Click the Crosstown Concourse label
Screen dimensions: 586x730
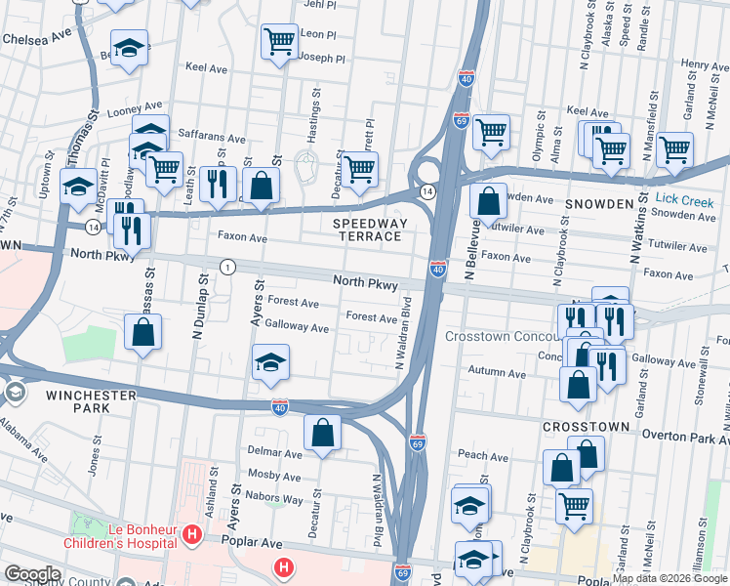(502, 336)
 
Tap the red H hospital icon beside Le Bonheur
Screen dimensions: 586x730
(192, 535)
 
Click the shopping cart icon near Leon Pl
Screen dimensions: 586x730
(279, 42)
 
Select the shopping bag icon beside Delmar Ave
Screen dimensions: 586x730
(322, 433)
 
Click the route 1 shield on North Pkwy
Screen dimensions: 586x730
(227, 267)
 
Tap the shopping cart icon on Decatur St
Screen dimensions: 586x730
(360, 169)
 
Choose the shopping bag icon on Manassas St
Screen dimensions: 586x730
(143, 332)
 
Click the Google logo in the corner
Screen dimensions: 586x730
(31, 574)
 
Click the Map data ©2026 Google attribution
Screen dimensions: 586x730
(669, 578)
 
